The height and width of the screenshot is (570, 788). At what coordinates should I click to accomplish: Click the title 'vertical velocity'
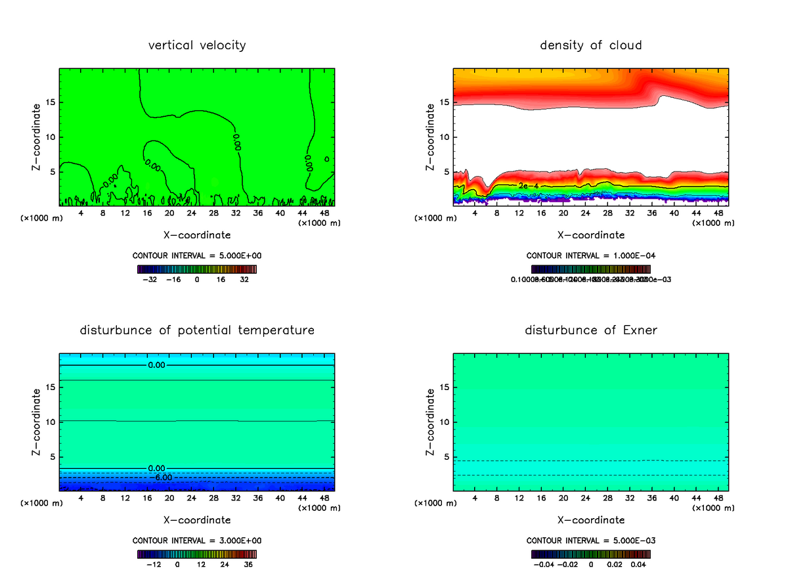197,45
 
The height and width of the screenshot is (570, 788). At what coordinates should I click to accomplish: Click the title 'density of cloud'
590,45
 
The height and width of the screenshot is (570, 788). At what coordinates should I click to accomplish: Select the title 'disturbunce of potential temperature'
197,330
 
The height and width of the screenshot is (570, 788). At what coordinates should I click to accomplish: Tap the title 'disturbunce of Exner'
590,330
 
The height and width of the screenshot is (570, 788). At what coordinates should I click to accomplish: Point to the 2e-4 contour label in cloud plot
528,186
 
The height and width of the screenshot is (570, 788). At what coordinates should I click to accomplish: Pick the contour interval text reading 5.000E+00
197,255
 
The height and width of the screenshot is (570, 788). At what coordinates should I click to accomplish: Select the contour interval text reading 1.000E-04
590,255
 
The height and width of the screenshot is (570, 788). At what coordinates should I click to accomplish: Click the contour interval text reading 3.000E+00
197,540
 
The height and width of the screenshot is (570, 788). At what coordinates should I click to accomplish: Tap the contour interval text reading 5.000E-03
590,540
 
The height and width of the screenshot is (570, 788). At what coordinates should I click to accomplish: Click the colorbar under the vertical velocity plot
197,269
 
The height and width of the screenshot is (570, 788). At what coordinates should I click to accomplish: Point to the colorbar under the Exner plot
590,554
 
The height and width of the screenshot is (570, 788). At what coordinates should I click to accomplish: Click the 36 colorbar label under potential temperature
249,563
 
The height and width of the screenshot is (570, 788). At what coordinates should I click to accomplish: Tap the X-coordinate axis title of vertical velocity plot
197,234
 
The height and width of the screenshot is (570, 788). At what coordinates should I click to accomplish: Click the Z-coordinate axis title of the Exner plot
431,421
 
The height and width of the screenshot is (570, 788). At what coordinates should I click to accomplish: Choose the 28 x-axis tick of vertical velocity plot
213,213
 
